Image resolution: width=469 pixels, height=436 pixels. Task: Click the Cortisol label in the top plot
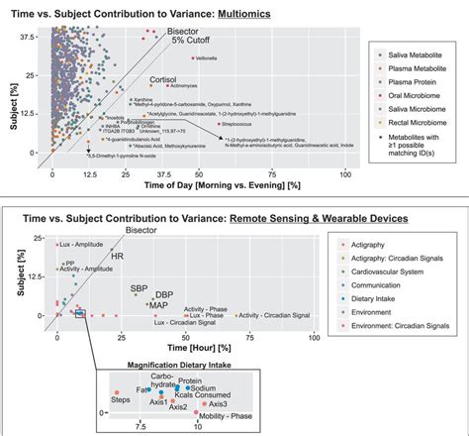coord(162,78)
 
